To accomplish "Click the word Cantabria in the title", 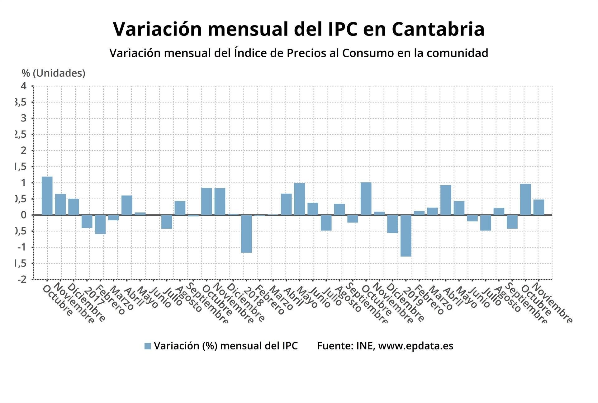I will click(438, 29).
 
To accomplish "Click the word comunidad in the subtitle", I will click(457, 53).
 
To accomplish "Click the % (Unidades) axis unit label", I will click(53, 73).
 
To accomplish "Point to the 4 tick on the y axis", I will click(24, 86).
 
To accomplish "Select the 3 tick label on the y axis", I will click(24, 118).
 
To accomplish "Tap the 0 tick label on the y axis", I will click(24, 215).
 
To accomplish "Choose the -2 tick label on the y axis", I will click(22, 279).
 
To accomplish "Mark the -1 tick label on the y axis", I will click(22, 247).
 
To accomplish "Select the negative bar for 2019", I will click(406, 235).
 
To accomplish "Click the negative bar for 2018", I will click(246, 234).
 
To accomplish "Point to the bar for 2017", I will click(87, 221).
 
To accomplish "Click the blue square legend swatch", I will click(148, 346).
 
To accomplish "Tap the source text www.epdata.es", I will click(415, 346).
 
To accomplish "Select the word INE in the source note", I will click(365, 346).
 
